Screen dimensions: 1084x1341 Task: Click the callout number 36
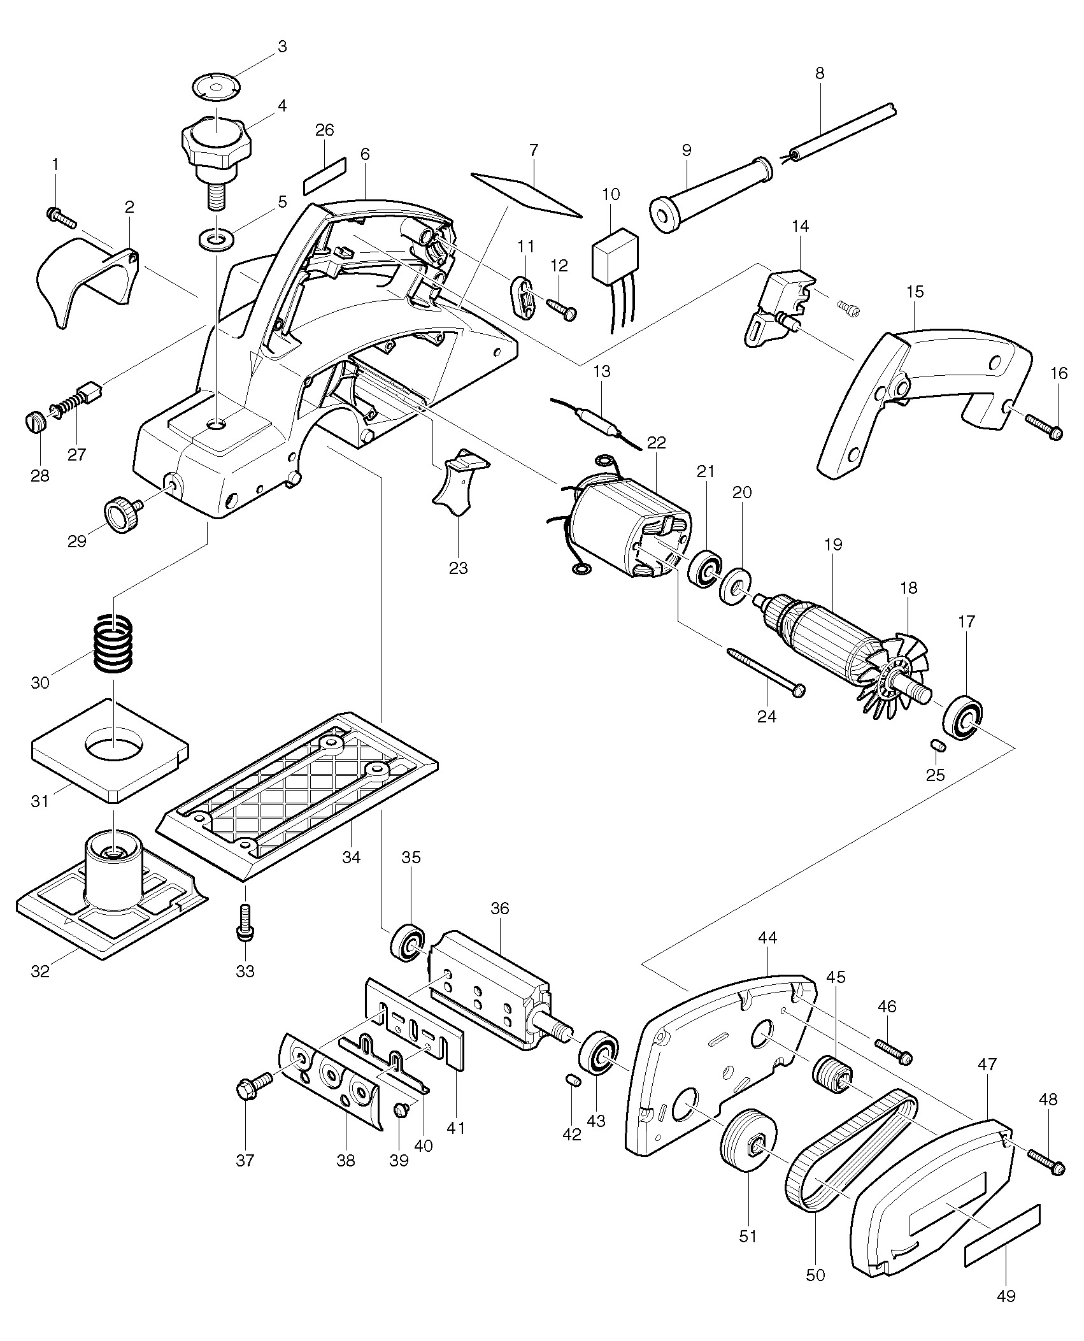pyautogui.click(x=500, y=908)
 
